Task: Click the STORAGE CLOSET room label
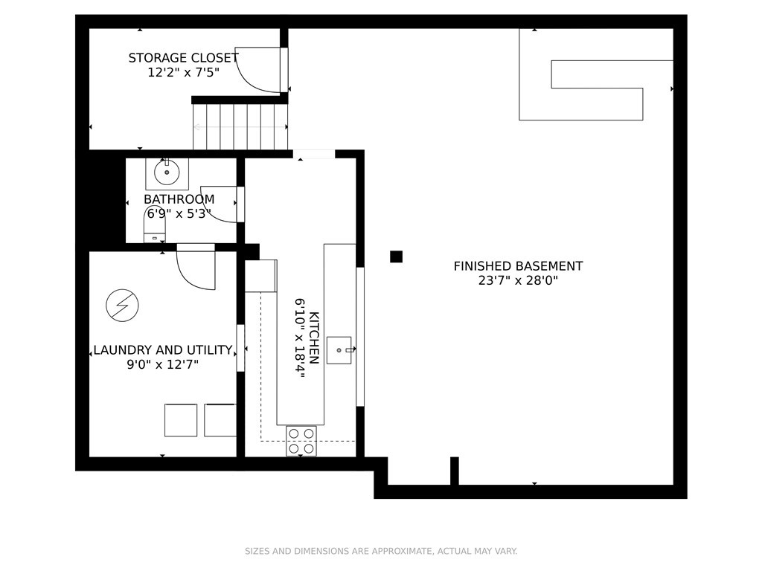click(183, 58)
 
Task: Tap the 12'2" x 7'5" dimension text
click(184, 73)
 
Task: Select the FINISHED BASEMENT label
click(518, 266)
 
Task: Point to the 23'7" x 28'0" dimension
click(518, 280)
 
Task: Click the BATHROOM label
click(179, 199)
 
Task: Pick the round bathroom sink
click(167, 172)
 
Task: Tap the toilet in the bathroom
click(155, 225)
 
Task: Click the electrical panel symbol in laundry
click(123, 306)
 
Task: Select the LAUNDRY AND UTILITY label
click(163, 350)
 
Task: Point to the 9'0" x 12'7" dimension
click(163, 364)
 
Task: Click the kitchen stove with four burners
click(301, 441)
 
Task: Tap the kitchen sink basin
click(339, 350)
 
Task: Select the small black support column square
click(396, 257)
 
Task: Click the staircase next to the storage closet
click(240, 127)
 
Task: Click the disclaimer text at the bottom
click(381, 551)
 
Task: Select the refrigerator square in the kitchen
click(261, 276)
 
